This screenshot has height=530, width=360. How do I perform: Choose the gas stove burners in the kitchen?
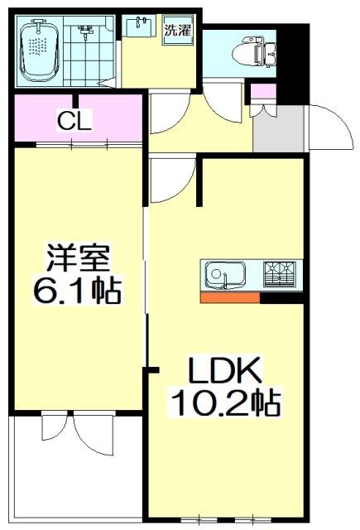click(x=281, y=272)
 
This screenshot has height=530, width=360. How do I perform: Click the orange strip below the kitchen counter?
click(x=230, y=298)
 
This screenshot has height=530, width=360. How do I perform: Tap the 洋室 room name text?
click(x=76, y=258)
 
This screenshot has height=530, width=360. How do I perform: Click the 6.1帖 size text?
click(x=77, y=290)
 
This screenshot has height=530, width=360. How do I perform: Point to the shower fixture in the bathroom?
click(x=85, y=33)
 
